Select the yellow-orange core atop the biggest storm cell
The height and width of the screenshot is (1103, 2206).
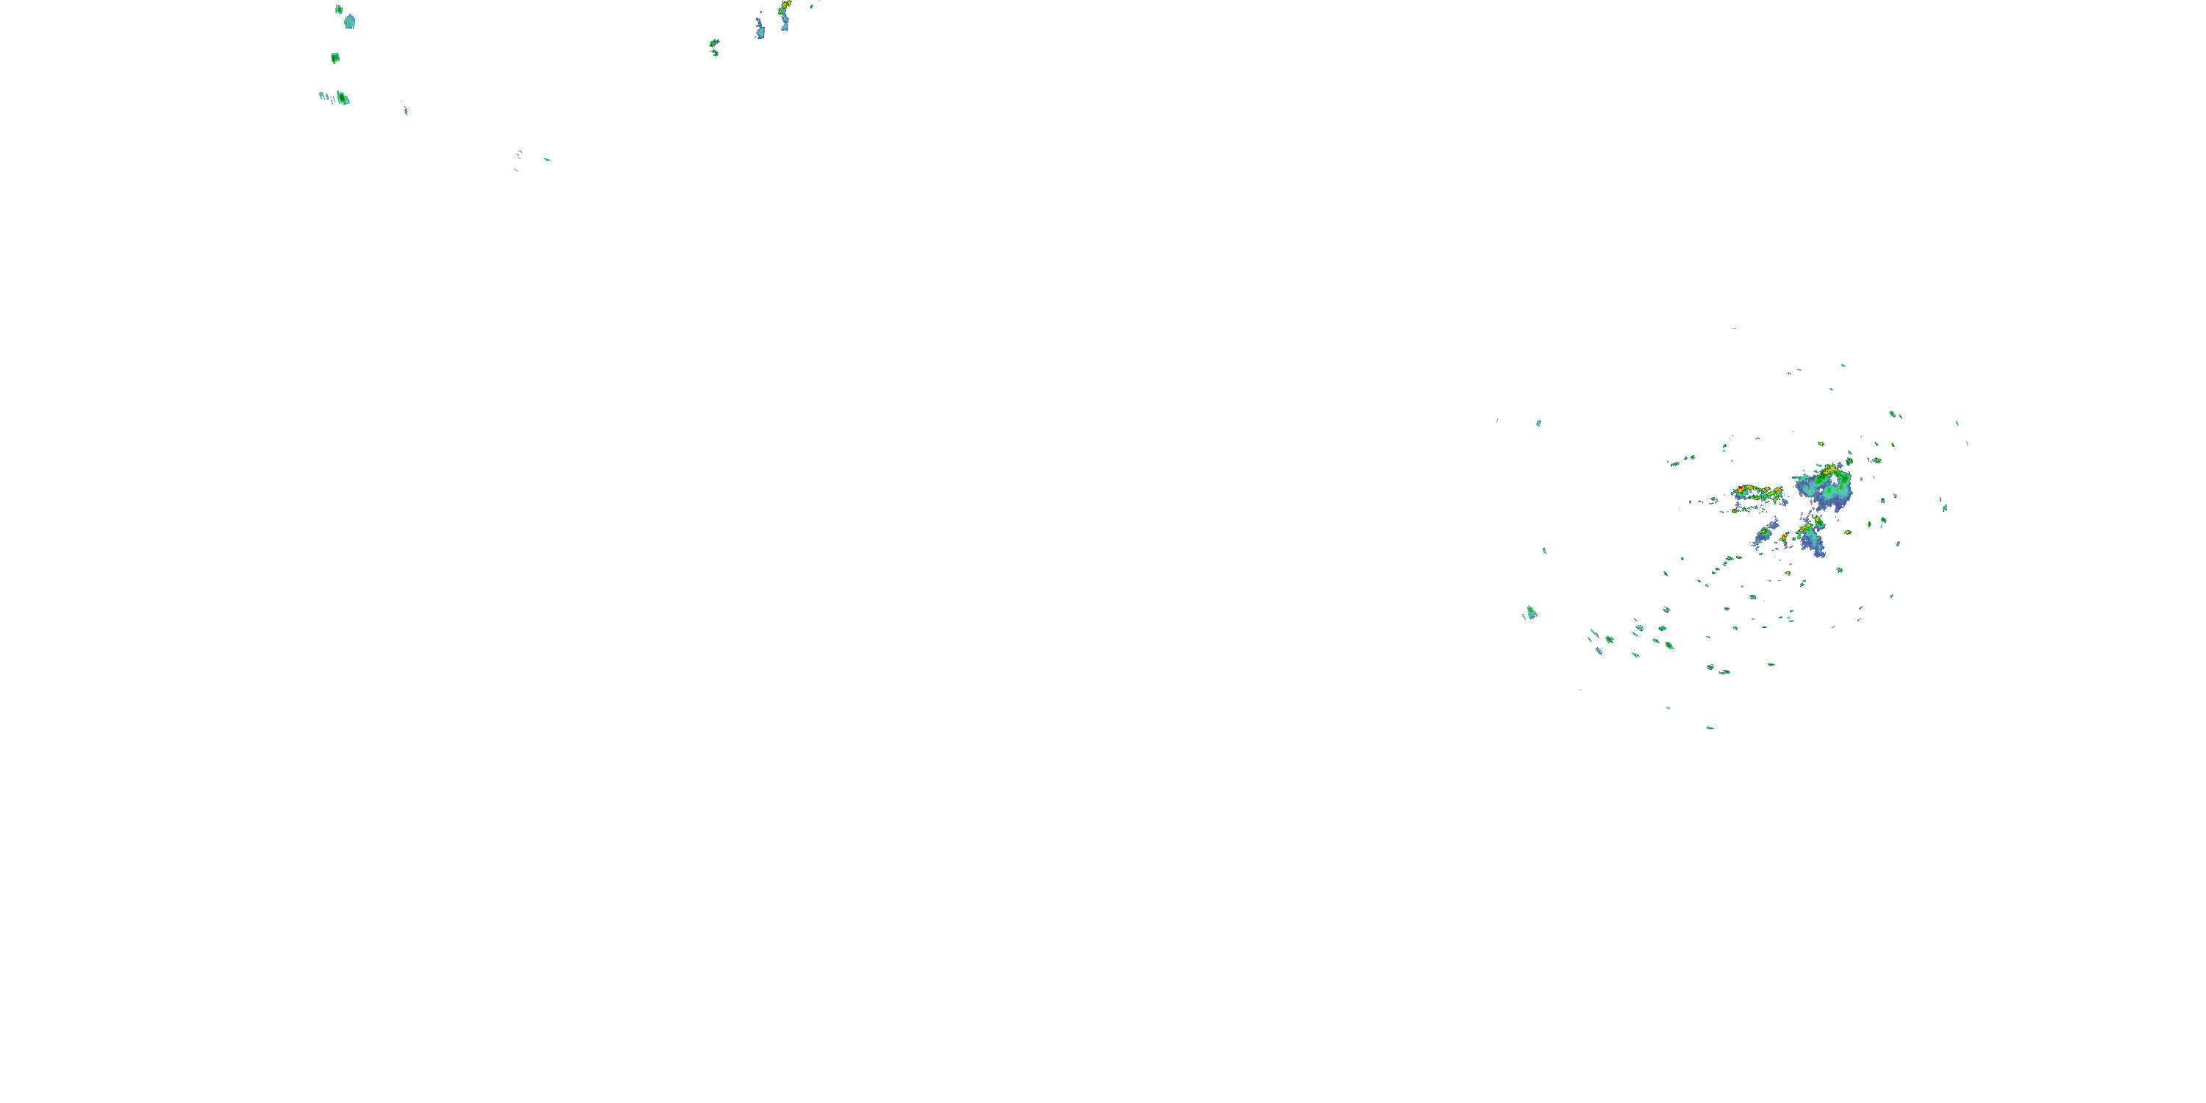(x=1831, y=470)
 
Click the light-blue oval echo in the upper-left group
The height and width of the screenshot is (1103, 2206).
(x=349, y=21)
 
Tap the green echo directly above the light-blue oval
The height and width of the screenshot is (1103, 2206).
(x=339, y=10)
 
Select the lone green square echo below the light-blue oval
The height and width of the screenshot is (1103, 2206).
(x=335, y=58)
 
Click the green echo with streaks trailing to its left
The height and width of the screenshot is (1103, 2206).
(x=342, y=97)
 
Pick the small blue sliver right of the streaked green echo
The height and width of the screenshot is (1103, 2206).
(x=405, y=110)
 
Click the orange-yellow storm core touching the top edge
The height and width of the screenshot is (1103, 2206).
(x=785, y=6)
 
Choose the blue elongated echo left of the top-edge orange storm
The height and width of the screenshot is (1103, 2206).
(x=760, y=28)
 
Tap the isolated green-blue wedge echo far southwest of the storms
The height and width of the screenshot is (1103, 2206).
(x=1530, y=613)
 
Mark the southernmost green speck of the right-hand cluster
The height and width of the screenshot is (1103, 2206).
(x=1710, y=728)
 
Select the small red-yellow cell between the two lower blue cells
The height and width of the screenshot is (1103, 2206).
(x=1785, y=538)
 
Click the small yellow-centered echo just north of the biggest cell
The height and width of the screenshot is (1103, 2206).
(x=1821, y=444)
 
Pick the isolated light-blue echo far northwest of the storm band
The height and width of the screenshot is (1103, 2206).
(x=1538, y=422)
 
